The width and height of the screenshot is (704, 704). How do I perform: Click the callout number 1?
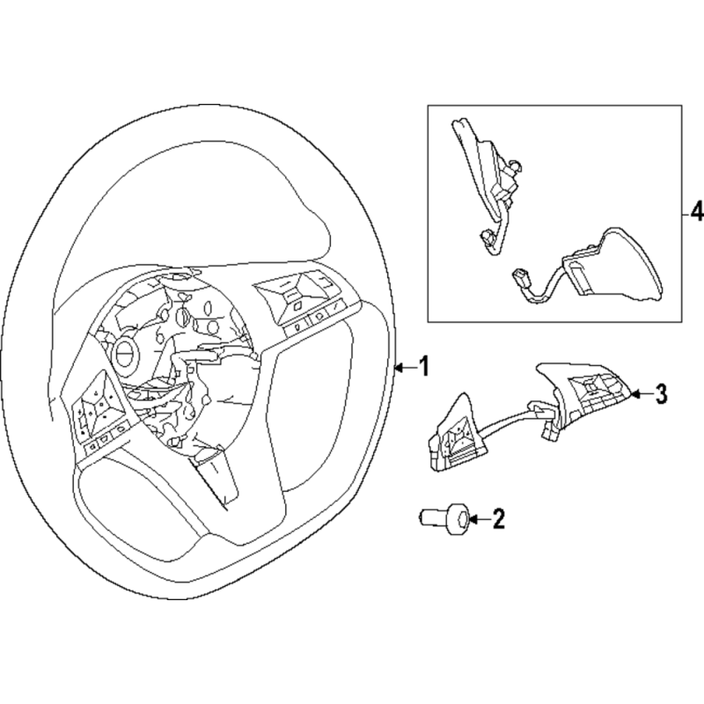(x=423, y=366)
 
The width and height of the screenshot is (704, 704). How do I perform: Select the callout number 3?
(x=661, y=393)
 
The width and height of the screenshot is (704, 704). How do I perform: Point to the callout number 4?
(x=695, y=212)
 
